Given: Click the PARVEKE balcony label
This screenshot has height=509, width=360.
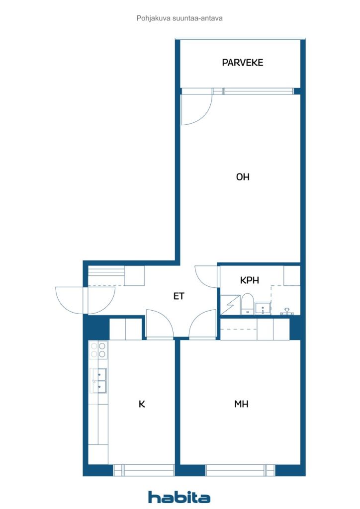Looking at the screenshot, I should [x=242, y=63].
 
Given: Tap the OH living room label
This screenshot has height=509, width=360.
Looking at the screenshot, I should [x=243, y=177].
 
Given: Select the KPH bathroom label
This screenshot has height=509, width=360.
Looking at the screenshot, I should [x=250, y=280].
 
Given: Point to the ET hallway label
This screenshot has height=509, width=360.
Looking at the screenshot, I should [x=179, y=296].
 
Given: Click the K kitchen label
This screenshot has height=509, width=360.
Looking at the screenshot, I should [x=142, y=404].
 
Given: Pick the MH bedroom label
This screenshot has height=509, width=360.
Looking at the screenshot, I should [x=241, y=404].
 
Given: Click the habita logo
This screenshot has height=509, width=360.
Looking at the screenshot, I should [x=179, y=497].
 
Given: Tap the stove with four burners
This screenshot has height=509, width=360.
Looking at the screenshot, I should [x=98, y=350].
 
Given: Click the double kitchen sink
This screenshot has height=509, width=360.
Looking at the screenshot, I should [x=98, y=380].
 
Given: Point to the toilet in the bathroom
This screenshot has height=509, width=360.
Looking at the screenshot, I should [x=247, y=304].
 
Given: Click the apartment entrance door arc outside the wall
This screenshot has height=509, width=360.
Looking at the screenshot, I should [x=70, y=301].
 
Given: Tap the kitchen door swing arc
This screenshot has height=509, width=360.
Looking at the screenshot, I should [x=159, y=323].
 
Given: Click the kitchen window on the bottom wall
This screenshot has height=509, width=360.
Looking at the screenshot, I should [x=144, y=470].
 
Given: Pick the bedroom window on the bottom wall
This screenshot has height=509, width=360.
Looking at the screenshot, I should [x=240, y=470].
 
